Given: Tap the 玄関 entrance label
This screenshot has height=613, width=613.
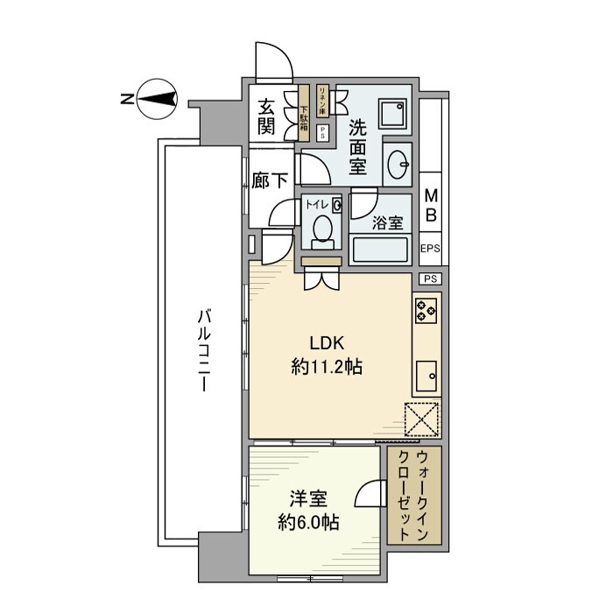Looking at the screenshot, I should [267, 116].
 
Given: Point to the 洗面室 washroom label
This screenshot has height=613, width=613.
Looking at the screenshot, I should [358, 144].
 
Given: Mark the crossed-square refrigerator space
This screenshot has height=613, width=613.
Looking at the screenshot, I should [421, 419].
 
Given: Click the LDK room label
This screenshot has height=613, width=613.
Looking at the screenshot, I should [327, 342].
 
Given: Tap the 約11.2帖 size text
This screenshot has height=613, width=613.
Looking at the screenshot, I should [327, 369].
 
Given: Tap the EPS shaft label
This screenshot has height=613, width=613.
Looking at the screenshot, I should [430, 249].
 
